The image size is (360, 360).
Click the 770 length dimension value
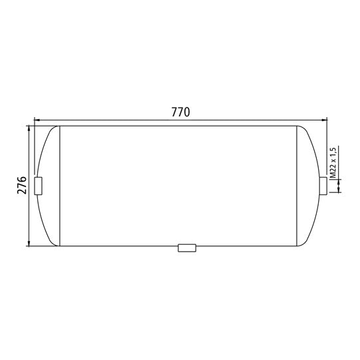pos(181,112)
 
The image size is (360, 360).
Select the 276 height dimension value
pos(22,185)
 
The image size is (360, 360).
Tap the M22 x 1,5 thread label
pos(333,162)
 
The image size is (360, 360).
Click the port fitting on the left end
pos(38,186)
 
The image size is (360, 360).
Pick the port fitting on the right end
pos(323,186)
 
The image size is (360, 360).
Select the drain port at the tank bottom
pos(187,248)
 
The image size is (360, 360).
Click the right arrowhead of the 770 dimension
pos(324,120)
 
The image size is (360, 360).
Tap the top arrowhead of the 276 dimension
pos(29,129)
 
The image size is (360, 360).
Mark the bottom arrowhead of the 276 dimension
pos(29,243)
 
